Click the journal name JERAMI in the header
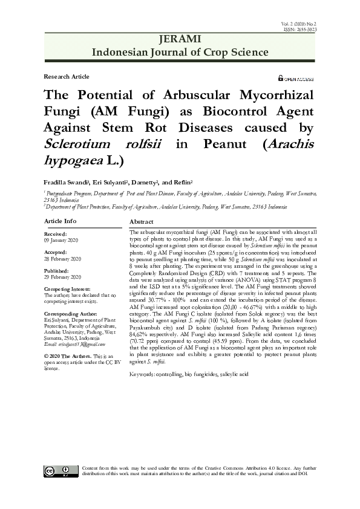[179, 39]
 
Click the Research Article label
[67, 77]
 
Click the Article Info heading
[61, 222]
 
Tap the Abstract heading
[141, 222]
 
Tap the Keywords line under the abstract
[189, 375]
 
